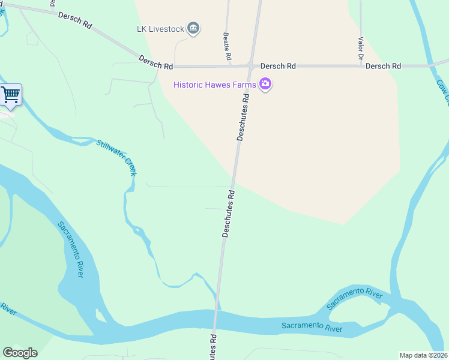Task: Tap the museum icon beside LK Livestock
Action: click(x=193, y=28)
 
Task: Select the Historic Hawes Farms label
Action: click(x=215, y=85)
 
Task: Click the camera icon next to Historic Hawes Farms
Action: click(x=265, y=85)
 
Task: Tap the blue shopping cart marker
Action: click(x=11, y=94)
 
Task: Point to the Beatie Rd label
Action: click(x=228, y=47)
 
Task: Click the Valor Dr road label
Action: click(x=361, y=49)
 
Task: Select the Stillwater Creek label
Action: click(x=117, y=157)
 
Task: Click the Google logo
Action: click(x=20, y=353)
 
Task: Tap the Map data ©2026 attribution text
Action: click(x=424, y=355)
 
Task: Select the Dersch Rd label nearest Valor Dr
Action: click(x=383, y=66)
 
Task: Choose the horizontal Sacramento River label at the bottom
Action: click(x=312, y=328)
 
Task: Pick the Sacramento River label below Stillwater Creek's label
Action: click(x=71, y=249)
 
